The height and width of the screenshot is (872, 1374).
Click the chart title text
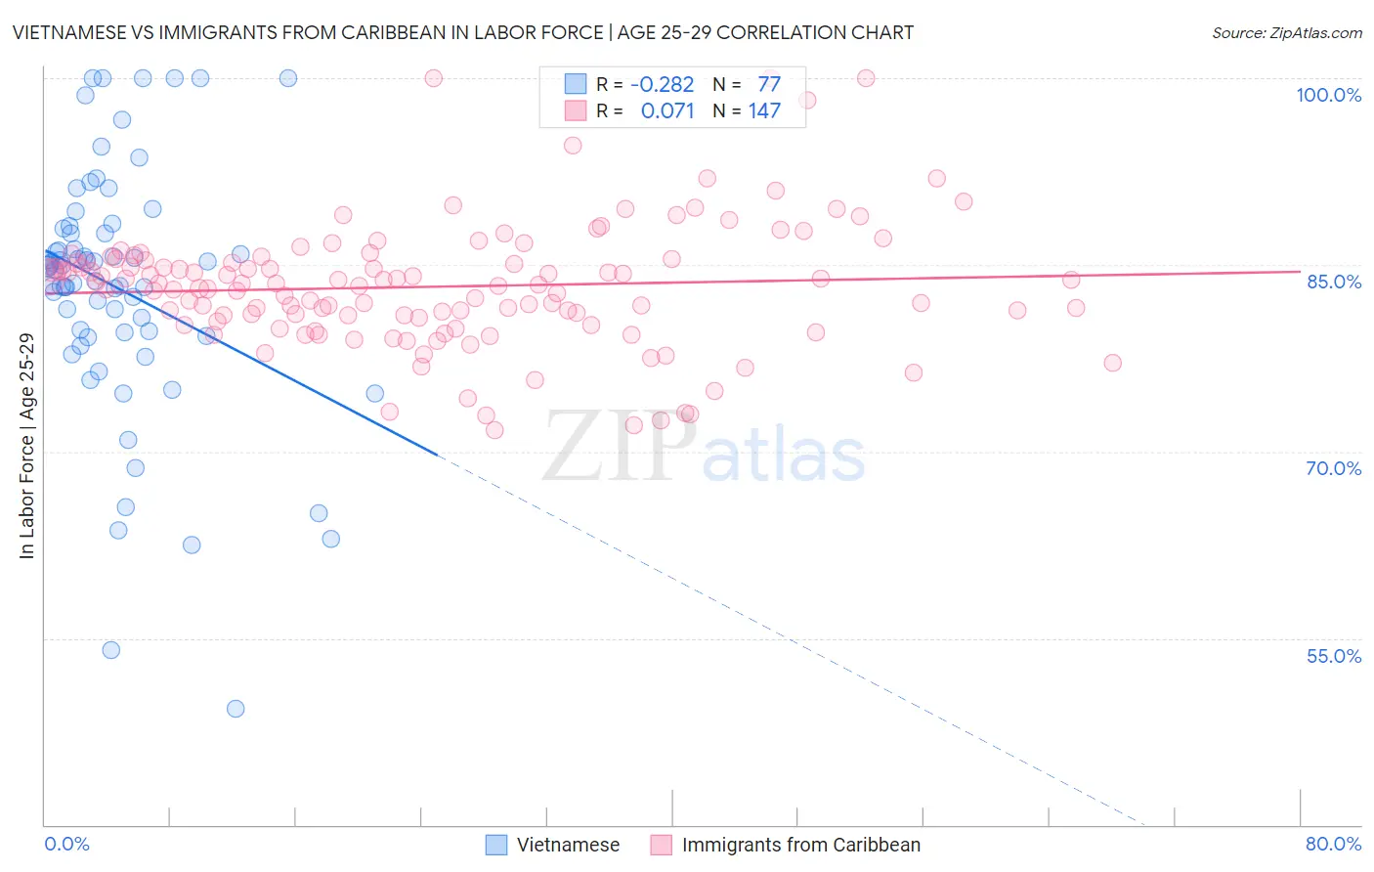[462, 32]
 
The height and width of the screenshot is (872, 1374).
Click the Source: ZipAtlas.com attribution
[1286, 32]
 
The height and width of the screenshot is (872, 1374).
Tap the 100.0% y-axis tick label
[1328, 95]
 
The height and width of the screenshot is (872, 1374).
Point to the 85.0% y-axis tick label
[1334, 282]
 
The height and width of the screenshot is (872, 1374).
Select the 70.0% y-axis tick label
[1333, 468]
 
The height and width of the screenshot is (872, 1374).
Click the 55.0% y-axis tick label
[1333, 656]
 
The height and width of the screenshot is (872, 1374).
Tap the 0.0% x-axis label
[66, 844]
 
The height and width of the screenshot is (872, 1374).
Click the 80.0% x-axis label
[1333, 844]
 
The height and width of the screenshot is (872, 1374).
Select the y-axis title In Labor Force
[26, 446]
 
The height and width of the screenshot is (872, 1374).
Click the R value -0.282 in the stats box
[662, 84]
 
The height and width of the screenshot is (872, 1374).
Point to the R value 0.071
[667, 110]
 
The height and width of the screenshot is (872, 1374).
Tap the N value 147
[764, 110]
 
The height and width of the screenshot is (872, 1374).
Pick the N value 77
[769, 84]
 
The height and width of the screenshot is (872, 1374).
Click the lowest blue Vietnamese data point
[236, 709]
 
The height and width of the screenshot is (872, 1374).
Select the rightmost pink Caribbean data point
[1112, 363]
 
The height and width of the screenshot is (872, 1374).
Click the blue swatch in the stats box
[575, 84]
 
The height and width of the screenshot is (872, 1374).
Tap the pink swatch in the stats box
[575, 110]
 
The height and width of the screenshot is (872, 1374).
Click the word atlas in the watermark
[784, 457]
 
